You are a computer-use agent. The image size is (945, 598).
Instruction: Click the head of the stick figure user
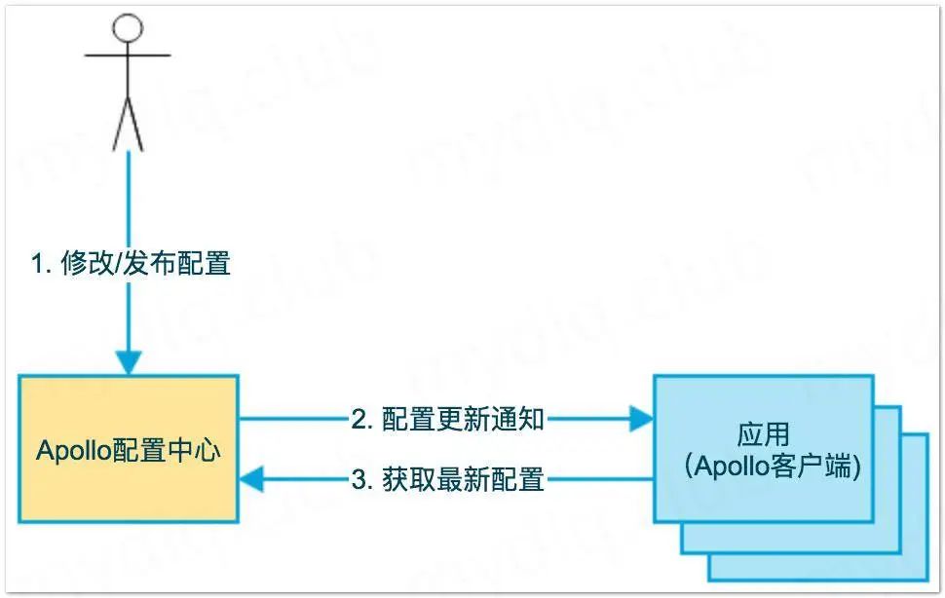(128, 27)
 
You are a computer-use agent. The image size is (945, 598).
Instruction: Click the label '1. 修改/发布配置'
(131, 264)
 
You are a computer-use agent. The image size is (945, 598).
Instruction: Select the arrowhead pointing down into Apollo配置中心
(128, 361)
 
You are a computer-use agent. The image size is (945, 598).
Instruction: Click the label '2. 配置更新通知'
(447, 420)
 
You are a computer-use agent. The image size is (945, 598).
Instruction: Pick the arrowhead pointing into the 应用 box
(640, 420)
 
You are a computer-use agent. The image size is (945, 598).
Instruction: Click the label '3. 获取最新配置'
(447, 479)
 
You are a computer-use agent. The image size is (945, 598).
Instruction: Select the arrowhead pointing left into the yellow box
(252, 479)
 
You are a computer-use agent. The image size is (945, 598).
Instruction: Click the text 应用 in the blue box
(763, 434)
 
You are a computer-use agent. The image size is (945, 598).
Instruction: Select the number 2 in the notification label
(359, 420)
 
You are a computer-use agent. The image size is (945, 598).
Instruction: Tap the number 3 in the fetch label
(359, 479)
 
